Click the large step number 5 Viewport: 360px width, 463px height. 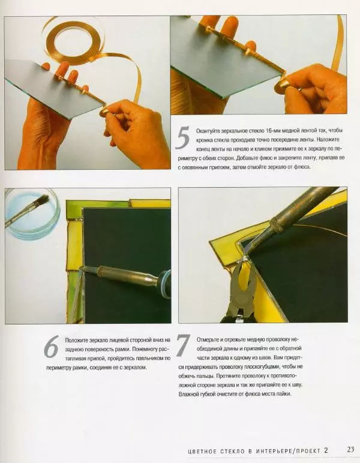click(182, 137)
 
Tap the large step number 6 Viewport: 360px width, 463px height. click(51, 347)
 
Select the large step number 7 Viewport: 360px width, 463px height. click(183, 345)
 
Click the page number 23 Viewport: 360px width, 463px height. click(350, 450)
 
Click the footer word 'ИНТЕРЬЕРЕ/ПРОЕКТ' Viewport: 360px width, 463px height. click(288, 451)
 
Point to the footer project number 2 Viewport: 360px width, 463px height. click(326, 450)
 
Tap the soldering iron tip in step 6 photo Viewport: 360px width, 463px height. click(83, 268)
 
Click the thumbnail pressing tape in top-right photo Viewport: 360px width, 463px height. click(281, 85)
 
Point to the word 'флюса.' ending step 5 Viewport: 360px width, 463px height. click(303, 167)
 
